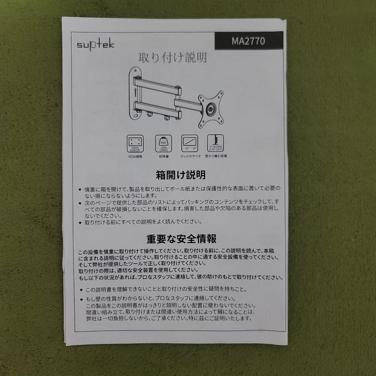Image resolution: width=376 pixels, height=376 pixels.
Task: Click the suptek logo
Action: (95, 45)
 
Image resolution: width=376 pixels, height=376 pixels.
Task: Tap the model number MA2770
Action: (248, 41)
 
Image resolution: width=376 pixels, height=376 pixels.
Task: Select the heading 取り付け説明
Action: (173, 57)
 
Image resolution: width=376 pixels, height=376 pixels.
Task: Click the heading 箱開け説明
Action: (181, 174)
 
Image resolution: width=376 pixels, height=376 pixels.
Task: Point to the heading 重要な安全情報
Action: (181, 239)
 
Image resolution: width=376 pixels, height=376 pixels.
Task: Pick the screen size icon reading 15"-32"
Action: (190, 143)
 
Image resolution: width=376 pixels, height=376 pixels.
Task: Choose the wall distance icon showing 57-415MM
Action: (216, 143)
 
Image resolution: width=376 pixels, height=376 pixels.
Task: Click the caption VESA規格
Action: (135, 157)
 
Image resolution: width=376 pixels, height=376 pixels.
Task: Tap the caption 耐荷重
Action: (163, 157)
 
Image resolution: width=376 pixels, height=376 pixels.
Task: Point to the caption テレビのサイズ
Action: (190, 157)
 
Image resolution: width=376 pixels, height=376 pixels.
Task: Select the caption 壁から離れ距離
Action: (216, 157)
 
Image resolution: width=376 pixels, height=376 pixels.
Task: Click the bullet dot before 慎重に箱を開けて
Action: (80, 189)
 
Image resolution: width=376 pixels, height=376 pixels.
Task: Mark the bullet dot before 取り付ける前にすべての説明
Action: (80, 222)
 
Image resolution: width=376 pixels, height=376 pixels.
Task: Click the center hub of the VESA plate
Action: (211, 108)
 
